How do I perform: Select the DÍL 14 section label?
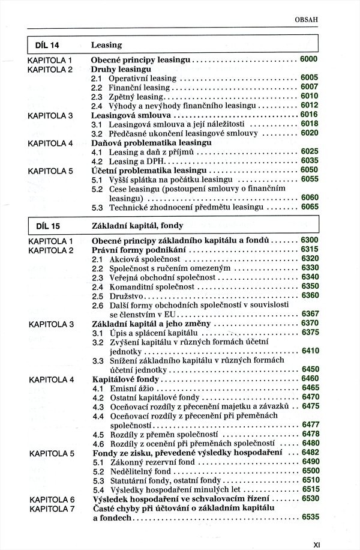[44, 45]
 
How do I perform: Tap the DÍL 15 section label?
[44, 226]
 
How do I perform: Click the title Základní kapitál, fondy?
[137, 226]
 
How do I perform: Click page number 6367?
[310, 314]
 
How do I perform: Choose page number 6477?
[310, 425]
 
